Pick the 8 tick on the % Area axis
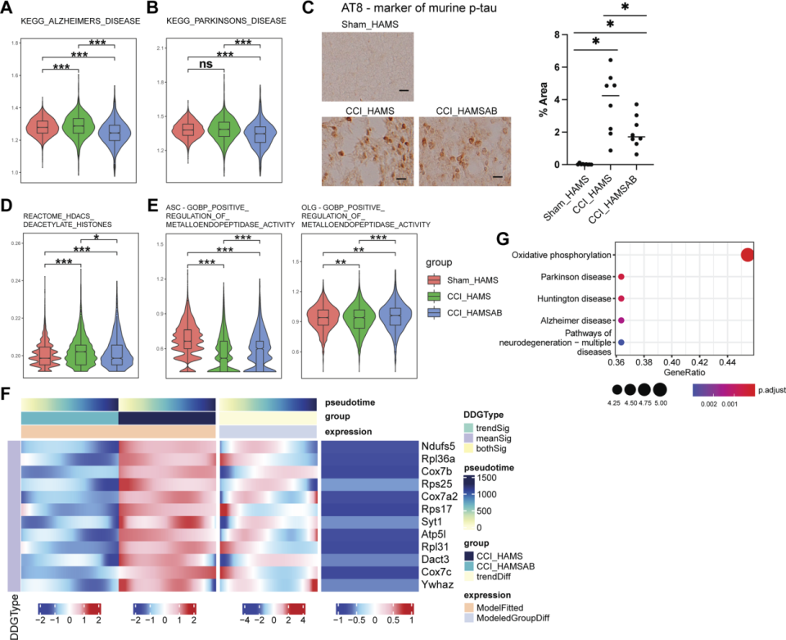559,35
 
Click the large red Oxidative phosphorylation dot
747,255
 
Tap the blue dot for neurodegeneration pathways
621,341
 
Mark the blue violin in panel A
115,131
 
